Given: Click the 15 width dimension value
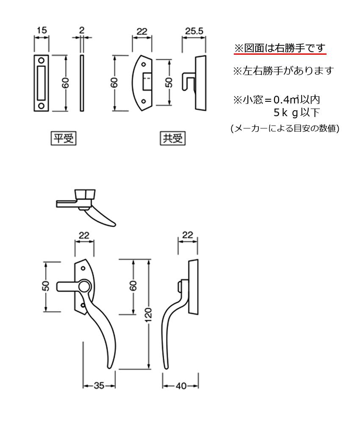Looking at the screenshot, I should [42, 30].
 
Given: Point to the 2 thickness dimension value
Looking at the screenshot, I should [82, 30].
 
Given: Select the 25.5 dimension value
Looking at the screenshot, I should [194, 31].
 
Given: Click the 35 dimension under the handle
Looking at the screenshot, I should [99, 385].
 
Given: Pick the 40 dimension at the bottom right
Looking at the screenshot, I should [181, 385].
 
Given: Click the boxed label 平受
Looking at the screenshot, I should [63, 138].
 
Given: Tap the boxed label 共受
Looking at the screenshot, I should [173, 138].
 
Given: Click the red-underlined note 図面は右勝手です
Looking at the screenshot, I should [280, 48].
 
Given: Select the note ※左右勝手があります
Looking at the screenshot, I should [283, 71].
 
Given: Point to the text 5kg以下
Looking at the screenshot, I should [296, 113].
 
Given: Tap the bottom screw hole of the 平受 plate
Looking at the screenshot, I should [42, 105].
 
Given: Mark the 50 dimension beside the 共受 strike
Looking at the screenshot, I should [169, 82].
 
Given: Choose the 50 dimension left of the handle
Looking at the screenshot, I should [46, 286].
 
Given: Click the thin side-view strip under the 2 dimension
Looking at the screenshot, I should [82, 83].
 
